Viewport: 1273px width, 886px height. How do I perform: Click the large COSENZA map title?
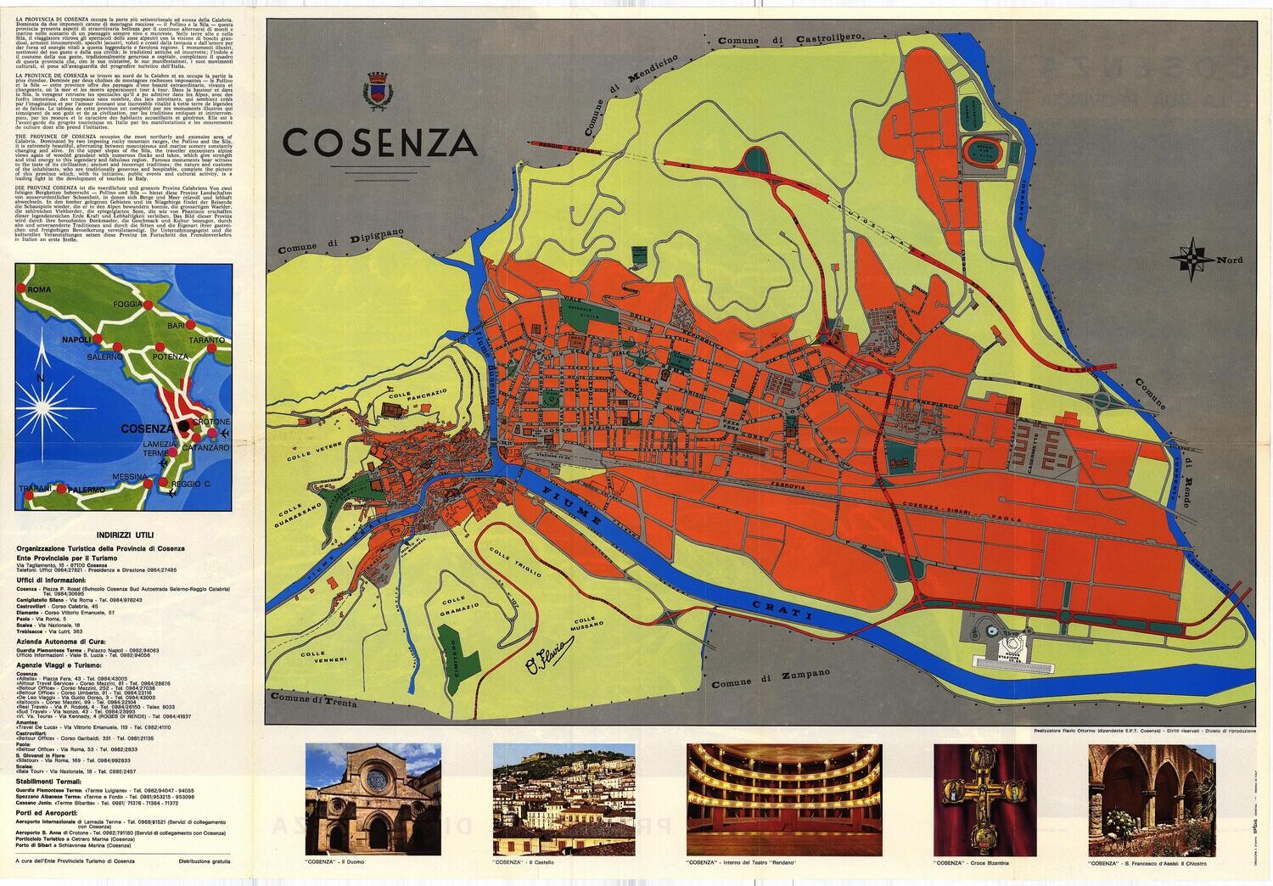(379, 143)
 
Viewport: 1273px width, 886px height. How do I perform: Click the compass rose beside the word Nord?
(1192, 261)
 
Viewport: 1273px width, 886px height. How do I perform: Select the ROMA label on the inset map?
(40, 290)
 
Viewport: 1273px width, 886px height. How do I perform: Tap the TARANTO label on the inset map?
(207, 340)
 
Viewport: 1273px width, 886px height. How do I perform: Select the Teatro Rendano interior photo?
(785, 788)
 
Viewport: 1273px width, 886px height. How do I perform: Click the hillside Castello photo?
(564, 788)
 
